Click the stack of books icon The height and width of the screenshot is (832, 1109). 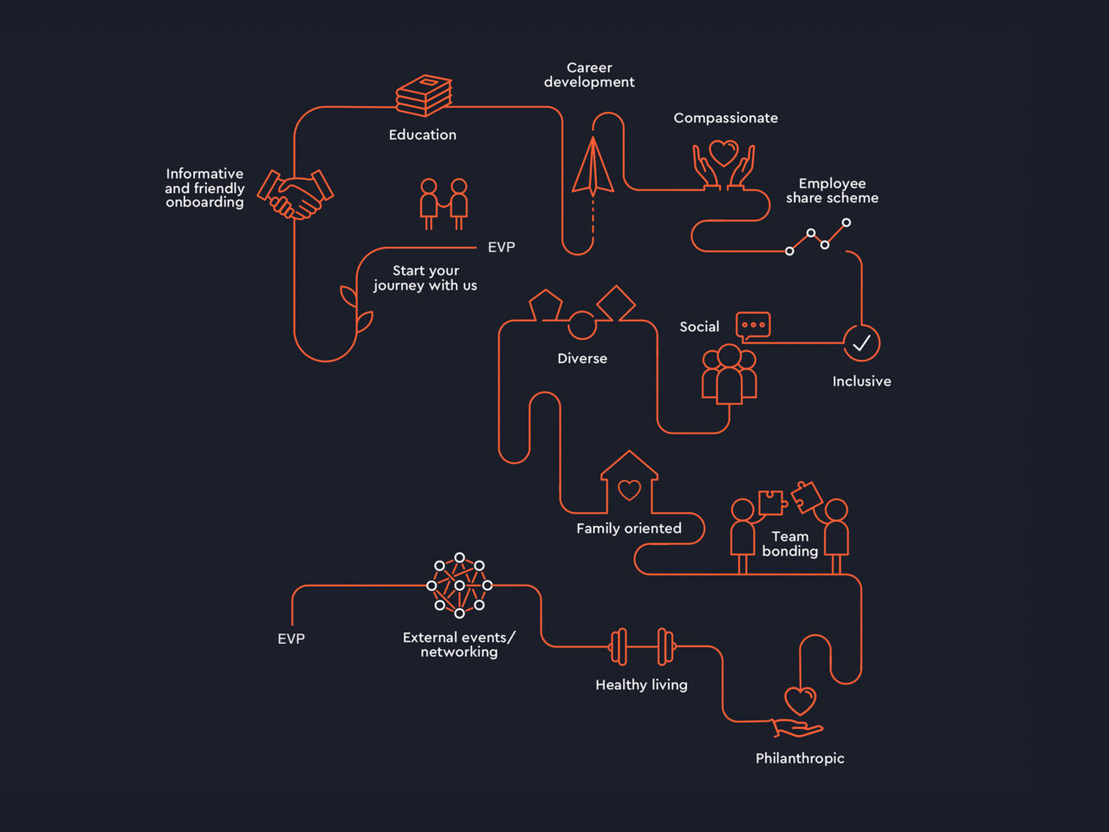(424, 95)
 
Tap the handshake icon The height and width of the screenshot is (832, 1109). (295, 194)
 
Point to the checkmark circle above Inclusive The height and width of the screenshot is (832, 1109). (861, 343)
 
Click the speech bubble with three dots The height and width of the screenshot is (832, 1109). (753, 325)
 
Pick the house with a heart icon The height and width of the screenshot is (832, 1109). (630, 483)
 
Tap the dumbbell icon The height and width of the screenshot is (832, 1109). (642, 647)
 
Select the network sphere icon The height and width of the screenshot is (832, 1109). (459, 586)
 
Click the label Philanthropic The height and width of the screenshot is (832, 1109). (800, 758)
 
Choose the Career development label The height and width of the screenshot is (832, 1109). (589, 75)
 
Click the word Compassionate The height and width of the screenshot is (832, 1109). (725, 118)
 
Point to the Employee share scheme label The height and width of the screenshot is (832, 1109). (832, 191)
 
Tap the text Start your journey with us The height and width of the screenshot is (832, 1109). (425, 278)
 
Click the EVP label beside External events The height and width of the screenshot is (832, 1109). (291, 639)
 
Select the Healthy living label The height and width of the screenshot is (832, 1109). (641, 685)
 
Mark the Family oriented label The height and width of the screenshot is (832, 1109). (629, 529)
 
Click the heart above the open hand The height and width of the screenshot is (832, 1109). (800, 700)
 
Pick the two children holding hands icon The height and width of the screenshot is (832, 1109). (444, 204)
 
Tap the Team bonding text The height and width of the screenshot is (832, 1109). (790, 543)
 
